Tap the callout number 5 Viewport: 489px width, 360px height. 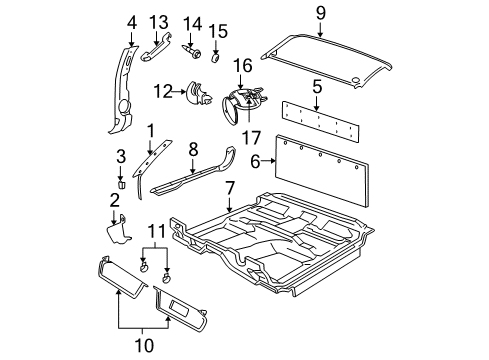pos(316,86)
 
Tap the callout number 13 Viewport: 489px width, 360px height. pos(158,22)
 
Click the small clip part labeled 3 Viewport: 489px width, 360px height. pos(119,184)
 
